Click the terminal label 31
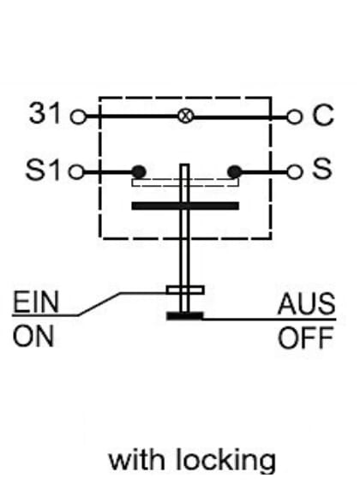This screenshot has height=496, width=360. (x=44, y=113)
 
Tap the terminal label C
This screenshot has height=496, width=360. (x=322, y=115)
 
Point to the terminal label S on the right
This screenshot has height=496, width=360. (x=322, y=168)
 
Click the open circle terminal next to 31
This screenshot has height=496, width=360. (x=78, y=117)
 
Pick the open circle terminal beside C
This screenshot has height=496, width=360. (x=294, y=117)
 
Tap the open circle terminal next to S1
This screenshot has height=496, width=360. (x=76, y=172)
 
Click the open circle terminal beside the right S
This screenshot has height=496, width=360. (x=294, y=172)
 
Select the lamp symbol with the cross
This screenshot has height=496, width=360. (x=185, y=117)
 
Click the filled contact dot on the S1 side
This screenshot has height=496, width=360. (x=139, y=172)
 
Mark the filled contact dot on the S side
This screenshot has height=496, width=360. (x=234, y=172)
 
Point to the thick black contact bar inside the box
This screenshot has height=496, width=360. (x=185, y=206)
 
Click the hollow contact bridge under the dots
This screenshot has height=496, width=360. (x=185, y=182)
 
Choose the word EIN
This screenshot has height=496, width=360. (x=36, y=302)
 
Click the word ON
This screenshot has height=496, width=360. (x=33, y=337)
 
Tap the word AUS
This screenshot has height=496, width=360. (x=307, y=304)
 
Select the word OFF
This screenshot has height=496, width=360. (x=306, y=338)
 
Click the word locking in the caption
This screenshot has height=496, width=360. (x=225, y=460)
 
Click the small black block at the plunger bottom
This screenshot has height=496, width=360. (x=184, y=316)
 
